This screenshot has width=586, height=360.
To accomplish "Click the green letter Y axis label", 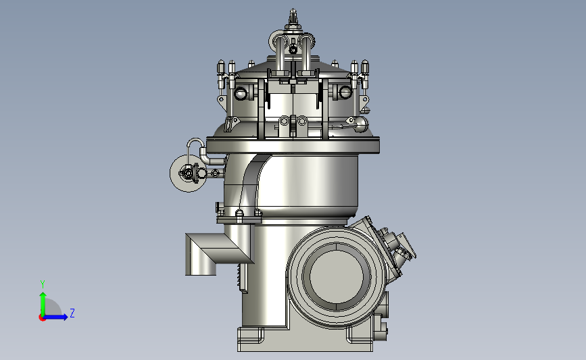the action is click(43, 284).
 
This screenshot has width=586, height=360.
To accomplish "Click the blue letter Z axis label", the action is click(72, 313).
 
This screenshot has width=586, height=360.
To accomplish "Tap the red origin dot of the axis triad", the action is click(42, 317).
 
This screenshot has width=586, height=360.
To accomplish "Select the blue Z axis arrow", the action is click(56, 317).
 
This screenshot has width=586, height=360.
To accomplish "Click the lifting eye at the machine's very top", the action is click(293, 17).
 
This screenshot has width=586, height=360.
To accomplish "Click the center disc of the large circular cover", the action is click(337, 276).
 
